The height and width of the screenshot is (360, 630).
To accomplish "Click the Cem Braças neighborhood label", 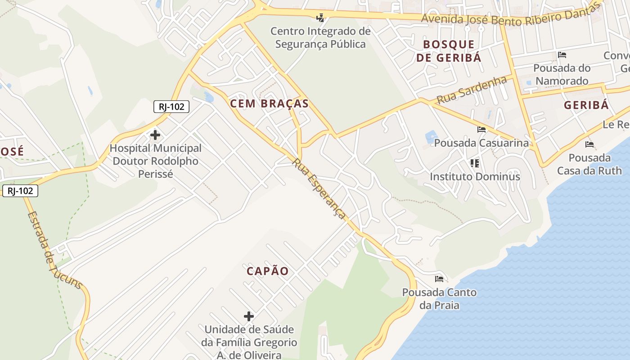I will [x=269, y=103].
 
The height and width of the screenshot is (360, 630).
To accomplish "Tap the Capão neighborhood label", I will [x=267, y=271].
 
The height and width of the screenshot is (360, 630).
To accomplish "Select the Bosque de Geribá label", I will [x=449, y=51].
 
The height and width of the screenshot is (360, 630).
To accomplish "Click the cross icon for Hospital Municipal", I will [x=155, y=135].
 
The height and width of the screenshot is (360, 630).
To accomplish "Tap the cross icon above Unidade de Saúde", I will [x=249, y=316].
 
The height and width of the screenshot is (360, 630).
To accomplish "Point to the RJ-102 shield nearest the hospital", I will [x=171, y=107].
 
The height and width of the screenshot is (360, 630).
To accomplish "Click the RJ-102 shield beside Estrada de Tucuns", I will [x=20, y=191].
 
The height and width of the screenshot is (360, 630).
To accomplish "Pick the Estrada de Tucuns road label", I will [x=54, y=250].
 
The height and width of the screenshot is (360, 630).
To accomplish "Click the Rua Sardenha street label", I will [x=472, y=90].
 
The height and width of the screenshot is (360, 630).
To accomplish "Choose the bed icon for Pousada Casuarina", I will [x=481, y=130].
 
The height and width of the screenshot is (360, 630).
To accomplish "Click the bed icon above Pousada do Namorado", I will [x=562, y=55].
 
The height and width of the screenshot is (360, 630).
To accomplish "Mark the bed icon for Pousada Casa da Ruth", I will [x=589, y=144].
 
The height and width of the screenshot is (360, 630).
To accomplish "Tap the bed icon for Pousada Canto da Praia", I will [x=439, y=279].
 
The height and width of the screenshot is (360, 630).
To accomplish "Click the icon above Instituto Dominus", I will [x=475, y=163].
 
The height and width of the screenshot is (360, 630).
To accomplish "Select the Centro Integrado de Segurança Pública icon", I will [x=320, y=18].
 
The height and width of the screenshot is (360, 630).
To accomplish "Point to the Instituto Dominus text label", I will [x=475, y=176].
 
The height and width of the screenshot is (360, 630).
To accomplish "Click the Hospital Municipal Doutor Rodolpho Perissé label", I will [x=155, y=161].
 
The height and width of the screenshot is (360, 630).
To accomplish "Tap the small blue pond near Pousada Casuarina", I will [x=431, y=136].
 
